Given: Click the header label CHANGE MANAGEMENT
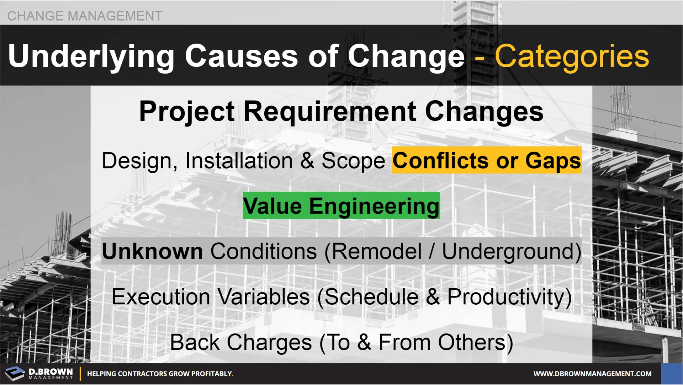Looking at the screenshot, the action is tap(85, 16).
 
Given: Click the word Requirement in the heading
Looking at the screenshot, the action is tap(329, 111).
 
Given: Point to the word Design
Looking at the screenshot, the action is tap(139, 161).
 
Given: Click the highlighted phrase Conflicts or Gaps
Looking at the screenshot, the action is tap(487, 160).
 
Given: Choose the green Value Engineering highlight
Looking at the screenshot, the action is tap(341, 206).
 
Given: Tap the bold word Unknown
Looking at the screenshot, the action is tap(152, 251).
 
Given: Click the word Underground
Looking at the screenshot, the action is tap(508, 252).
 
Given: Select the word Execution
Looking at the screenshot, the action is tap(161, 297).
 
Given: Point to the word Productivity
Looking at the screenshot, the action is tap(505, 297).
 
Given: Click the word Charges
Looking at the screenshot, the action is tap(269, 342).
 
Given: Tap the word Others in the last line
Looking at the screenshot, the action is tap(472, 342).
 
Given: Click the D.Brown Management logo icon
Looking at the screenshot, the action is tap(15, 374).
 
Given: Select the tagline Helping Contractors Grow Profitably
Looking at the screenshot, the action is tap(160, 374).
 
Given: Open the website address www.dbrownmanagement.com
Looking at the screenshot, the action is tap(592, 374).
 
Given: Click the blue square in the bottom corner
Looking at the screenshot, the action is tap(672, 374).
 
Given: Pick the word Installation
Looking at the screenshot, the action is tap(239, 161).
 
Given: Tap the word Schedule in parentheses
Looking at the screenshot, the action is tap(371, 297).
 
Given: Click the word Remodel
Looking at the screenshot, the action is tap(377, 251).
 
